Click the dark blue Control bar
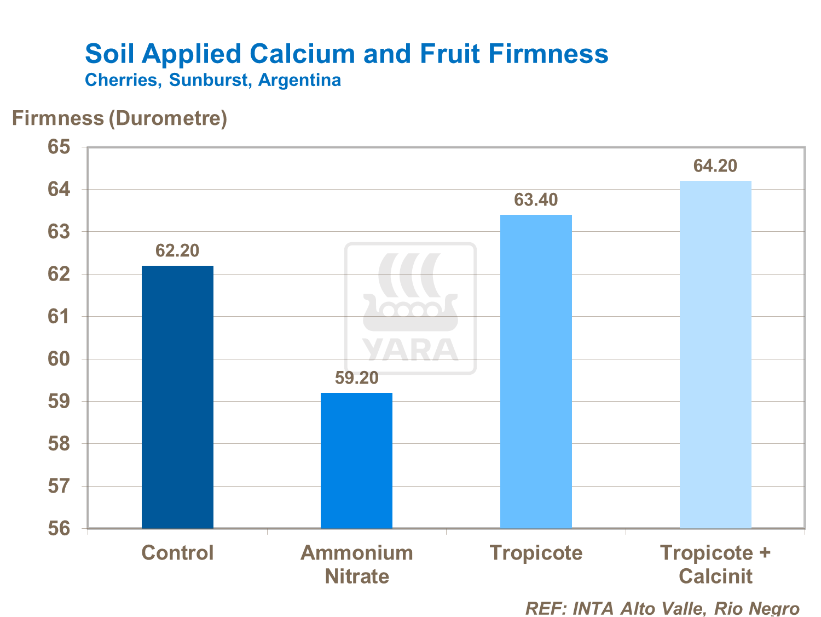(177, 397)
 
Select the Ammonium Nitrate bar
(356, 460)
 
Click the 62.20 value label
(177, 251)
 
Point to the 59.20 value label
(356, 378)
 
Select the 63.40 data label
(536, 200)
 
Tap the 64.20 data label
(715, 166)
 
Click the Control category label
(177, 553)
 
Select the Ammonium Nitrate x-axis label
(357, 564)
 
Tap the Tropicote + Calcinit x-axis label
(715, 564)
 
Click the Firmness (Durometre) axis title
(119, 118)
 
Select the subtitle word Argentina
(299, 80)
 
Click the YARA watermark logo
(410, 308)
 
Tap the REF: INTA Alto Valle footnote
(662, 608)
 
